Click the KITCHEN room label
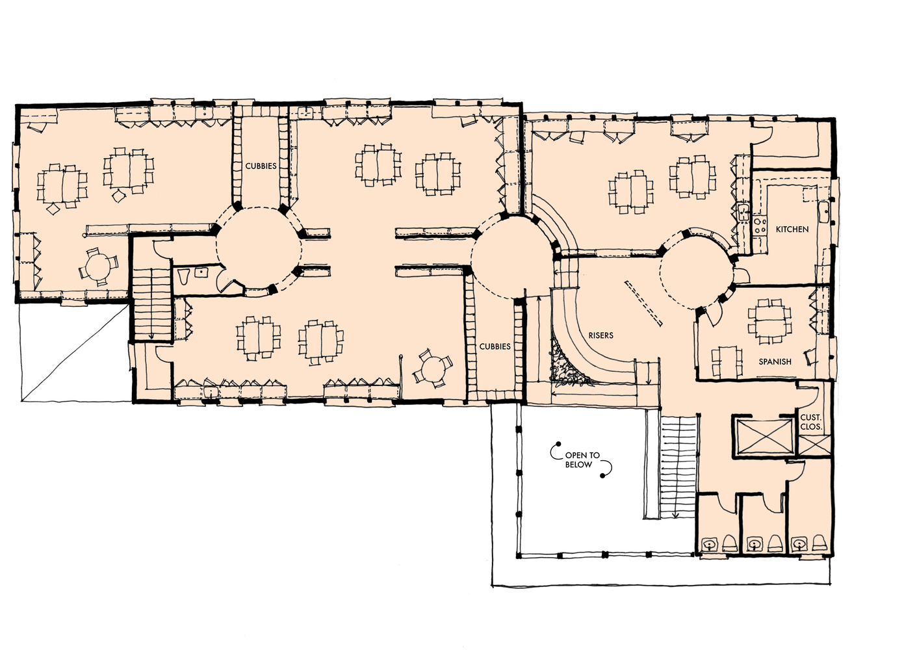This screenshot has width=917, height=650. coord(792,229)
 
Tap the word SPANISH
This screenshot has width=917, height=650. coord(775,361)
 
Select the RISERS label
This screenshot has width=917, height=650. coord(601,335)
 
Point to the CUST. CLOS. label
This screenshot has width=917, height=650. coord(810,422)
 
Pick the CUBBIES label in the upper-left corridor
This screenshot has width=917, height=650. coord(261,166)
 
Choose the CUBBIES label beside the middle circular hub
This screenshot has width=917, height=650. coord(495,346)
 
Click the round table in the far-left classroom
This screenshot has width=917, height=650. coord(99,266)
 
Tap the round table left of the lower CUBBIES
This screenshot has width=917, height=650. coord(432,370)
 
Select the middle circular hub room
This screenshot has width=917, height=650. coord(511,258)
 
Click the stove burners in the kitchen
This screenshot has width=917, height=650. coord(760,226)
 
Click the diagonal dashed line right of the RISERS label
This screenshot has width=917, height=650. coord(643,303)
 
